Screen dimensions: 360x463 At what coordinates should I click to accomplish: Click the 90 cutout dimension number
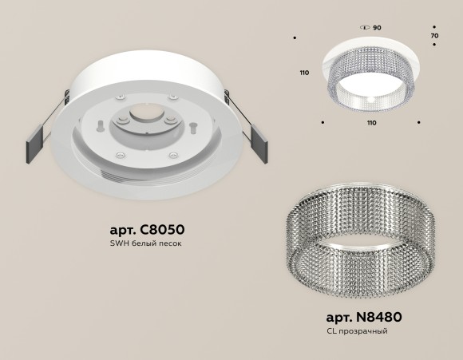(377, 28)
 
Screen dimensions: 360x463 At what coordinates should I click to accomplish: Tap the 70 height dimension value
(434, 37)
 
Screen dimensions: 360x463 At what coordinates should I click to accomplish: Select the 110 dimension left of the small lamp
(303, 73)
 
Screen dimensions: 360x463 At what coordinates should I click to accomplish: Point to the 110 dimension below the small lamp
(371, 124)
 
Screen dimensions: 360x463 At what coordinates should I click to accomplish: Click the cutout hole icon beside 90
(364, 28)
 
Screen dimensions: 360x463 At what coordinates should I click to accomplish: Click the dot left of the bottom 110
(322, 123)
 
